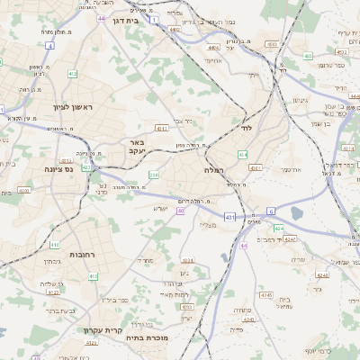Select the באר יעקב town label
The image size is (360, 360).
(136, 147)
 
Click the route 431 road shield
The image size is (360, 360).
(230, 217)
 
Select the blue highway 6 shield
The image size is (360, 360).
(269, 211)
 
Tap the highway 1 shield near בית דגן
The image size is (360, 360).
(154, 19)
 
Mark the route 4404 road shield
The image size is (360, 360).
(212, 48)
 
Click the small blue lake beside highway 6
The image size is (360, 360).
(297, 213)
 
